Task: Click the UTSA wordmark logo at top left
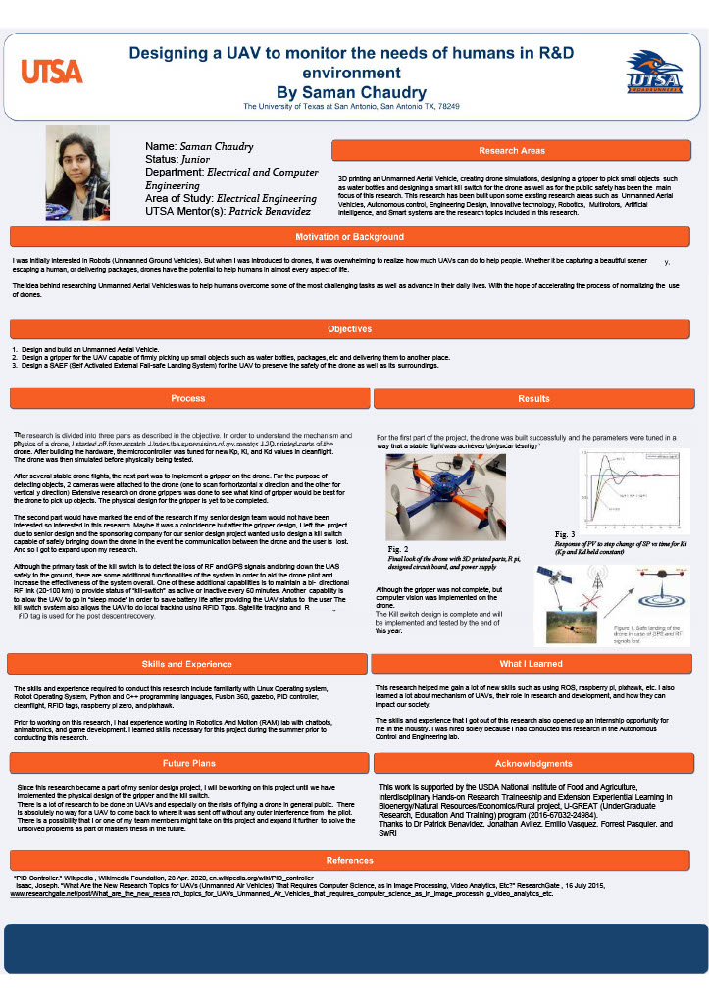(52, 72)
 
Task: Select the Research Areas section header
(511, 151)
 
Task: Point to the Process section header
(187, 399)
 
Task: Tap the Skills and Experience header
(187, 664)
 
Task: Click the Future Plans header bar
(189, 762)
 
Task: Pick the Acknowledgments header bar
(533, 762)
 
